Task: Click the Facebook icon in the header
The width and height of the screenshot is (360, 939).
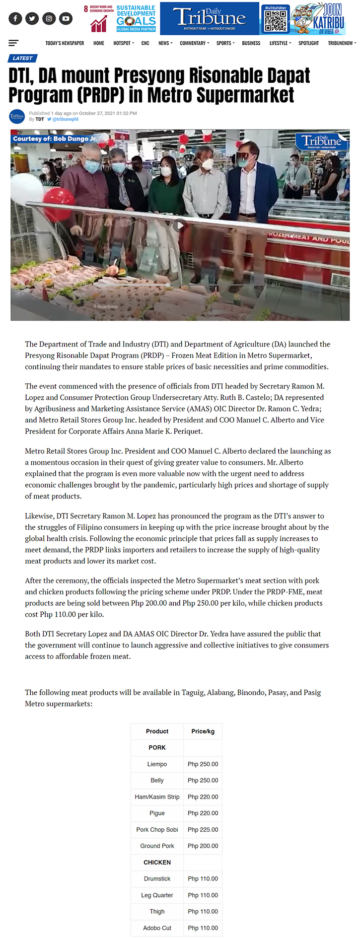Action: (x=15, y=18)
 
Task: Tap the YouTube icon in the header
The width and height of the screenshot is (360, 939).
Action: (x=66, y=18)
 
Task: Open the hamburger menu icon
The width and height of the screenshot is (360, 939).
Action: (x=13, y=43)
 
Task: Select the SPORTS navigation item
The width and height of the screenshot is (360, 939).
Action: (x=225, y=43)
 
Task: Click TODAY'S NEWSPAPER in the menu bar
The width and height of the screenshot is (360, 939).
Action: (x=65, y=43)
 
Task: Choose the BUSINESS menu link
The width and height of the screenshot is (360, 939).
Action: (x=251, y=43)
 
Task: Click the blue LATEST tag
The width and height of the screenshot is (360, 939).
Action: (x=22, y=58)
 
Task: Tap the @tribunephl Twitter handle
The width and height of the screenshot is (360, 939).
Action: (x=65, y=119)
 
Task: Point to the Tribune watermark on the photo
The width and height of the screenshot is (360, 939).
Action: (x=322, y=141)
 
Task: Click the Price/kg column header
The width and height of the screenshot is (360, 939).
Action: (x=203, y=731)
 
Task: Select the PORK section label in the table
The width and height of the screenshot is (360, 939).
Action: (x=157, y=747)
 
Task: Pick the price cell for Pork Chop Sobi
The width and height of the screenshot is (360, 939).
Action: (x=203, y=829)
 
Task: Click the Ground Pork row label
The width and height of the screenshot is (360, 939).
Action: (x=157, y=846)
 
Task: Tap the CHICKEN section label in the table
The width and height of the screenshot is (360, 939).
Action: (x=157, y=862)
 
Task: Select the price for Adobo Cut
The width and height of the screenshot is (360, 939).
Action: (x=203, y=928)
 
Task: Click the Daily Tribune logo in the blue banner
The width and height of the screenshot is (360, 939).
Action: (x=209, y=18)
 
